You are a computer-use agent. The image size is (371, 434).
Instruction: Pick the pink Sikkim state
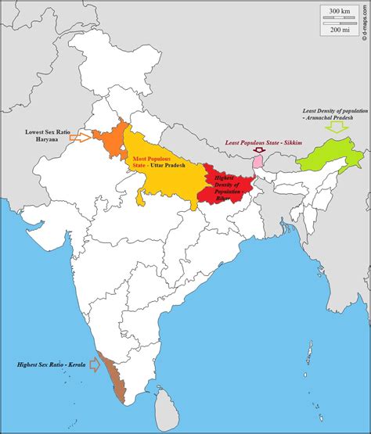click(258, 161)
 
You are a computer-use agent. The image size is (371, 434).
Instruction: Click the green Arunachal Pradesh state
click(329, 152)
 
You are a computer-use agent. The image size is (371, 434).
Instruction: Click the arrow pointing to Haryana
click(79, 138)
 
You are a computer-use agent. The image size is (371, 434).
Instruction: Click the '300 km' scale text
click(340, 11)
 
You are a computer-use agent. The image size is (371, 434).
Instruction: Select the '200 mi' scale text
click(340, 29)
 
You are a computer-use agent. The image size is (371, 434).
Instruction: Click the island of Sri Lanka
click(166, 404)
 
